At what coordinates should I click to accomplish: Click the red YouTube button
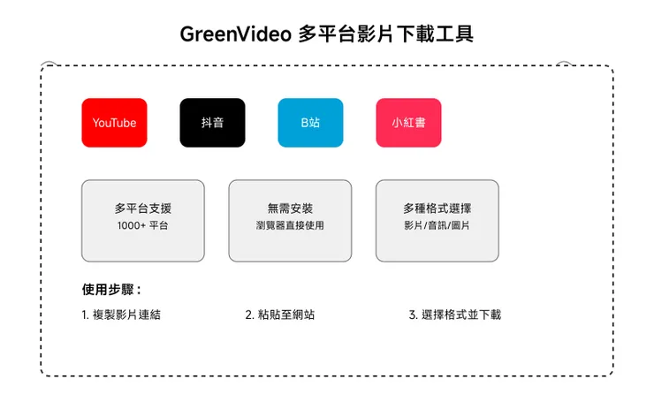click(114, 123)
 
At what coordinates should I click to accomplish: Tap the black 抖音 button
click(212, 123)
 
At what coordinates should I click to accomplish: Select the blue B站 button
click(310, 123)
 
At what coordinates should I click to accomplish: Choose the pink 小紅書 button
click(408, 123)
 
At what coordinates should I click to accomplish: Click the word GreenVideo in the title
click(235, 34)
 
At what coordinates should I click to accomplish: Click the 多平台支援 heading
click(142, 208)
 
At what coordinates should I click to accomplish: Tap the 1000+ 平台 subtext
click(142, 226)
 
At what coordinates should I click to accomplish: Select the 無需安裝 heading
click(290, 208)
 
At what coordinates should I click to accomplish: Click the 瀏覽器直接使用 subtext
click(290, 226)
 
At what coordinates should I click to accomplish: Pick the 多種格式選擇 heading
click(437, 208)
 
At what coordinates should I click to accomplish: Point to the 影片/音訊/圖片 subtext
click(437, 226)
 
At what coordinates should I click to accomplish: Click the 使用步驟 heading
click(110, 289)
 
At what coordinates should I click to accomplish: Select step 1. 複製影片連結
click(120, 314)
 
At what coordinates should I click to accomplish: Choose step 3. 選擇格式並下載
click(455, 314)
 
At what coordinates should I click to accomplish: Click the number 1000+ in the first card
click(131, 226)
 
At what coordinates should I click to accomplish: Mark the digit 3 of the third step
click(413, 314)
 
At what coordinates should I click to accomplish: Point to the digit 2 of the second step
click(248, 314)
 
